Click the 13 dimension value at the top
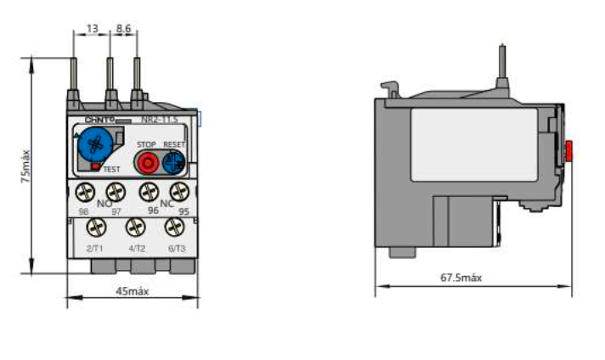(x=92, y=28)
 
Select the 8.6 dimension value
(x=123, y=28)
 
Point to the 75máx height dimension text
(x=25, y=166)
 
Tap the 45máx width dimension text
(x=132, y=291)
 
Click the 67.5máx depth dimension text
(x=461, y=278)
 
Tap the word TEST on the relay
(x=112, y=170)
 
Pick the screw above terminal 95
(x=178, y=191)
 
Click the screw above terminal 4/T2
(x=136, y=228)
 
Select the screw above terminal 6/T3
(x=175, y=228)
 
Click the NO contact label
(x=103, y=204)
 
